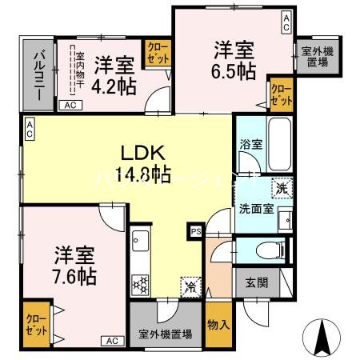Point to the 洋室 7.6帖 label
pos(76,266)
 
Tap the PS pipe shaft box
pos(196,232)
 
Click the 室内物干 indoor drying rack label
pos(79,70)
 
